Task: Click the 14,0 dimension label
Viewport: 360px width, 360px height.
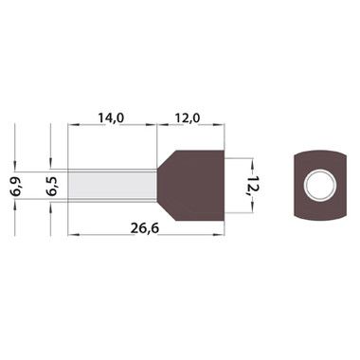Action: pyautogui.click(x=111, y=117)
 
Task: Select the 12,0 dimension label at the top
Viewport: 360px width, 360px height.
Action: pyautogui.click(x=188, y=117)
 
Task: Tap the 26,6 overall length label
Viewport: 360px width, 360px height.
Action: pyautogui.click(x=145, y=228)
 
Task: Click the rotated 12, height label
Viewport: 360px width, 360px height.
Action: pyautogui.click(x=252, y=186)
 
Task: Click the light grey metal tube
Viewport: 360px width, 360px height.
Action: pyautogui.click(x=113, y=186)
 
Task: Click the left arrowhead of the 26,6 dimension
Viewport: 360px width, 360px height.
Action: pyautogui.click(x=72, y=235)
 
